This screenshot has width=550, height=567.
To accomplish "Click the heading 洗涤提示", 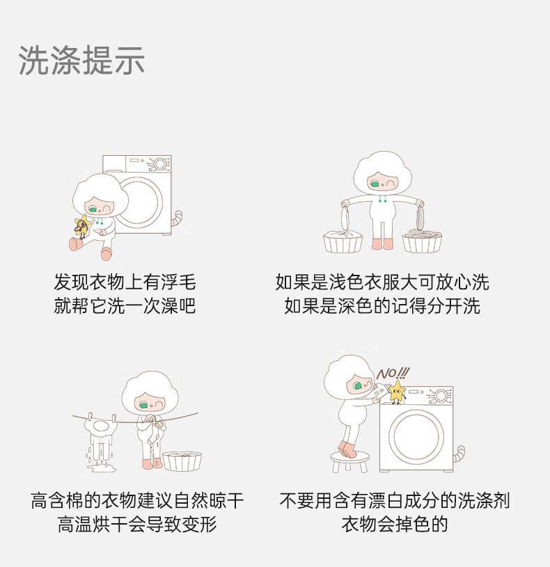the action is coord(81,61).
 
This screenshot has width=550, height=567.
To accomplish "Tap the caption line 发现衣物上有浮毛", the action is coord(125,282).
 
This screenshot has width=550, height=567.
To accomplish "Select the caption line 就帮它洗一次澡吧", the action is coord(125,305).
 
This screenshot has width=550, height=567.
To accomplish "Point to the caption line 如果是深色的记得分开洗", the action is coord(382,305).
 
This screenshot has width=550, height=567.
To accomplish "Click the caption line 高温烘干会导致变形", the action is coord(137,524).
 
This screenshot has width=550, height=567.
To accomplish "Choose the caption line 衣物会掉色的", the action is coord(395,524).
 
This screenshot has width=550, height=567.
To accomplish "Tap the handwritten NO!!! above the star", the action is coord(393,373).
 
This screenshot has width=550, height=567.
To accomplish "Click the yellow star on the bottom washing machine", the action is coord(397,391).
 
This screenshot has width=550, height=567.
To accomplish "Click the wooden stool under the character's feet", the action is coord(349,461).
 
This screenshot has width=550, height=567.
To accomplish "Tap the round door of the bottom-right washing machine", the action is coord(416,436).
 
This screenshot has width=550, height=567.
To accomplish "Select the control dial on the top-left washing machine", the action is coord(160,164).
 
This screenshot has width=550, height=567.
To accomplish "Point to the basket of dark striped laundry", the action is coord(423,239).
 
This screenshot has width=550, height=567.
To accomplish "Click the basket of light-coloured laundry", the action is coord(343,241).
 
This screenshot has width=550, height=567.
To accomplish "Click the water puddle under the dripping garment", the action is coord(102,468).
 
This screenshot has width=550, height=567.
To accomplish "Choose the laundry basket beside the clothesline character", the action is coord(182,461).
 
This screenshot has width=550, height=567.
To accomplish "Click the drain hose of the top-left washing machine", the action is coord(177,219).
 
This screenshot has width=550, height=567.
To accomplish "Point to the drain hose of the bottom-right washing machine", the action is coord(459,455).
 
